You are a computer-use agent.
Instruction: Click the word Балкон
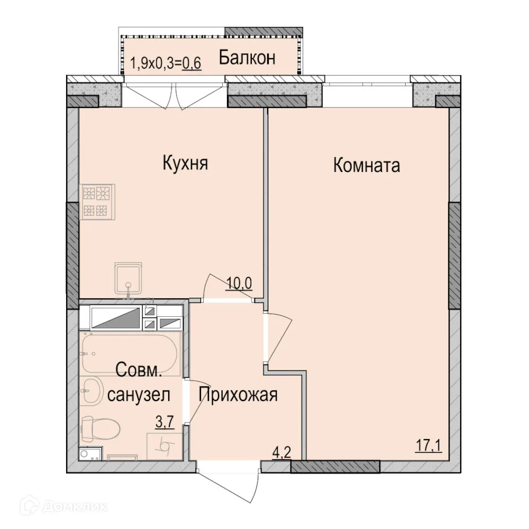[247, 57]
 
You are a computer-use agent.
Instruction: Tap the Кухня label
[185, 163]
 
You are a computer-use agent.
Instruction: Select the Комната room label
[366, 166]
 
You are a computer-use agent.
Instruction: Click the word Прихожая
[239, 394]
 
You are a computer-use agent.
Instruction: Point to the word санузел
[139, 395]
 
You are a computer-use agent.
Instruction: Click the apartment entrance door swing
[231, 484]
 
